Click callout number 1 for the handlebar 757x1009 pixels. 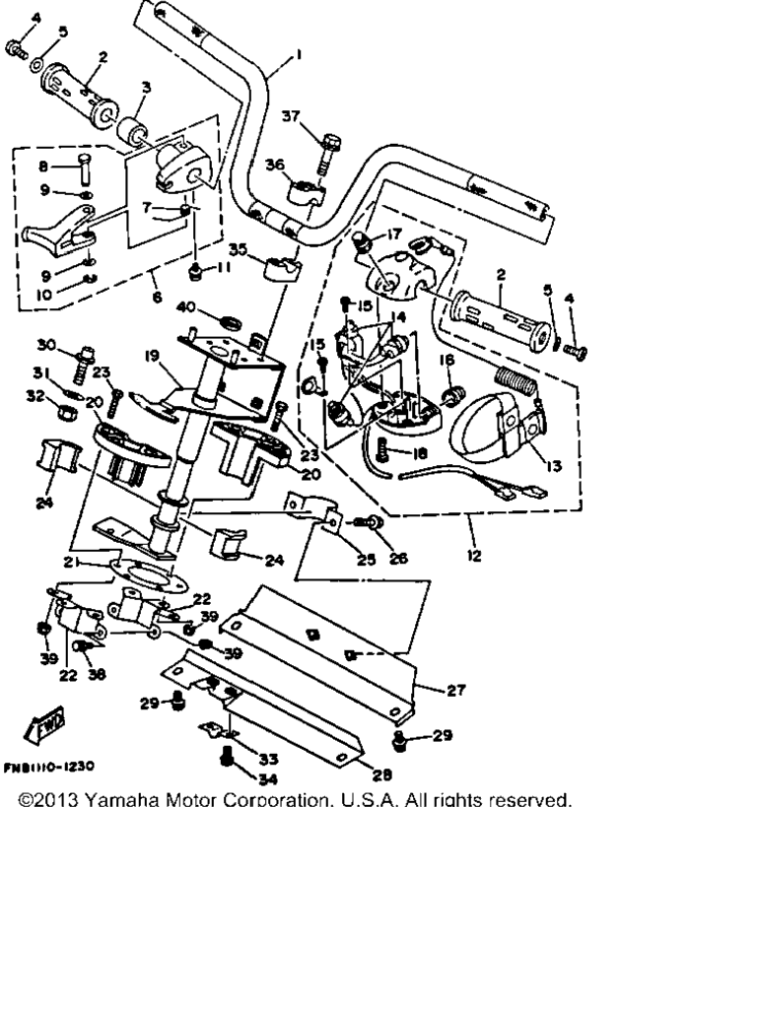coord(299,55)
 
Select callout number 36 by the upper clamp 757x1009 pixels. coord(274,165)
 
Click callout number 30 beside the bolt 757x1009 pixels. coord(47,344)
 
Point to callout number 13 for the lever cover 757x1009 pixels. coord(555,466)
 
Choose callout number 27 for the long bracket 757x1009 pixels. coord(455,691)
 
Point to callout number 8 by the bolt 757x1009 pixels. coord(42,167)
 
